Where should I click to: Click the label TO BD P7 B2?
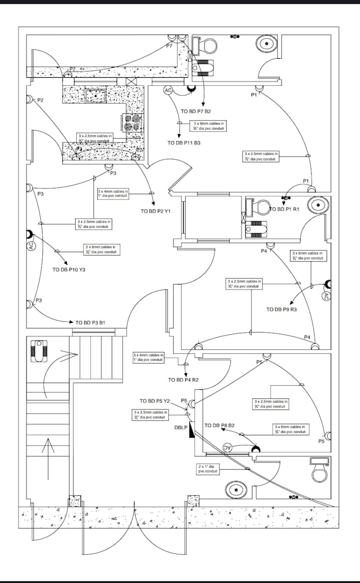coord(196,112)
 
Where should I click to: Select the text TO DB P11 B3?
coord(184,143)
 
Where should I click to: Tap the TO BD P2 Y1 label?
coord(155,211)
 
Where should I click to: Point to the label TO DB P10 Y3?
coord(69,269)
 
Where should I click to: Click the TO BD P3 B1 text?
coord(90,322)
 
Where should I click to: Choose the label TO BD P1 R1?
coord(284,209)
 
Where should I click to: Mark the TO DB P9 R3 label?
coord(282,309)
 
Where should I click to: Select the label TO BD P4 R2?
coord(183,380)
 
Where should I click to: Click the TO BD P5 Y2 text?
coord(155,401)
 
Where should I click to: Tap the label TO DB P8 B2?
coord(219,425)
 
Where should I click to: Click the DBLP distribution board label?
coord(181,427)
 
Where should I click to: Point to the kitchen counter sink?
coord(95,96)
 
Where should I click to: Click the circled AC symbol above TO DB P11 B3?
coord(168,90)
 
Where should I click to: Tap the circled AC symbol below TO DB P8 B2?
coord(228,448)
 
